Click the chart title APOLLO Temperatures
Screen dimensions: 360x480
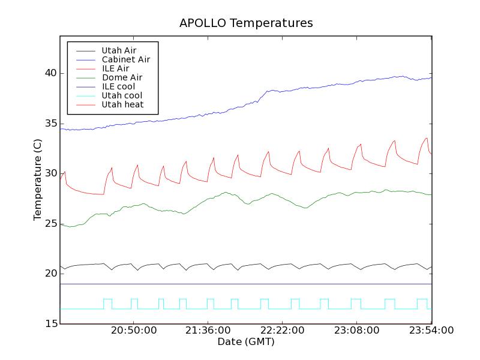(x=246, y=23)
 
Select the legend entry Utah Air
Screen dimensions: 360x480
(x=119, y=50)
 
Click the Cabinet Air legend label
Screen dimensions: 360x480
(x=125, y=59)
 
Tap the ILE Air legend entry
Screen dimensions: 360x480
(x=115, y=68)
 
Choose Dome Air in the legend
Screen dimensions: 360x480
(x=122, y=77)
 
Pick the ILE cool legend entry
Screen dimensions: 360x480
(x=118, y=86)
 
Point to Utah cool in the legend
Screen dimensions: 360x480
(x=122, y=95)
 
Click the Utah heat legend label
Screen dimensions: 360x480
(x=122, y=104)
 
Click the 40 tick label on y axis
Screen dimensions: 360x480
(x=49, y=73)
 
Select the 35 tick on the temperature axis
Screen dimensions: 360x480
(x=49, y=124)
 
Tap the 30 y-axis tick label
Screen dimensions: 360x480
(x=49, y=173)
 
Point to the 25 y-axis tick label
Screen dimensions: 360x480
(x=49, y=224)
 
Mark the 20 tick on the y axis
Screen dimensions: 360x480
(x=49, y=274)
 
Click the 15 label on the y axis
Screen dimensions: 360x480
(x=49, y=324)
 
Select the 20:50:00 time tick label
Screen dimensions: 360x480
(x=133, y=331)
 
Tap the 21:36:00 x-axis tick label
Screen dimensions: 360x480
(x=208, y=331)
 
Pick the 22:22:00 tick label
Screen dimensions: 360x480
(x=282, y=331)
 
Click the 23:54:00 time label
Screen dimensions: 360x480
(x=431, y=331)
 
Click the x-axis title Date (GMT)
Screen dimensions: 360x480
(x=246, y=341)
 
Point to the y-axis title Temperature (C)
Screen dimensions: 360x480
(x=38, y=180)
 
